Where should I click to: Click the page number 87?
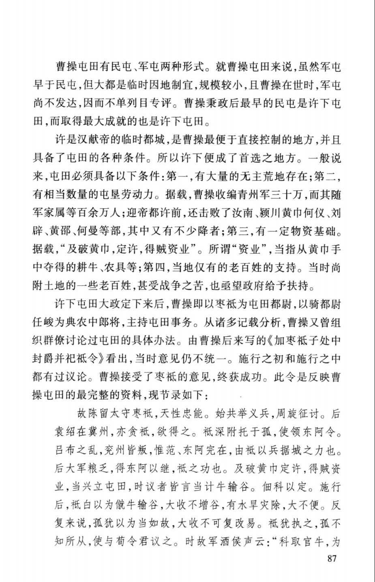coord(332,559)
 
